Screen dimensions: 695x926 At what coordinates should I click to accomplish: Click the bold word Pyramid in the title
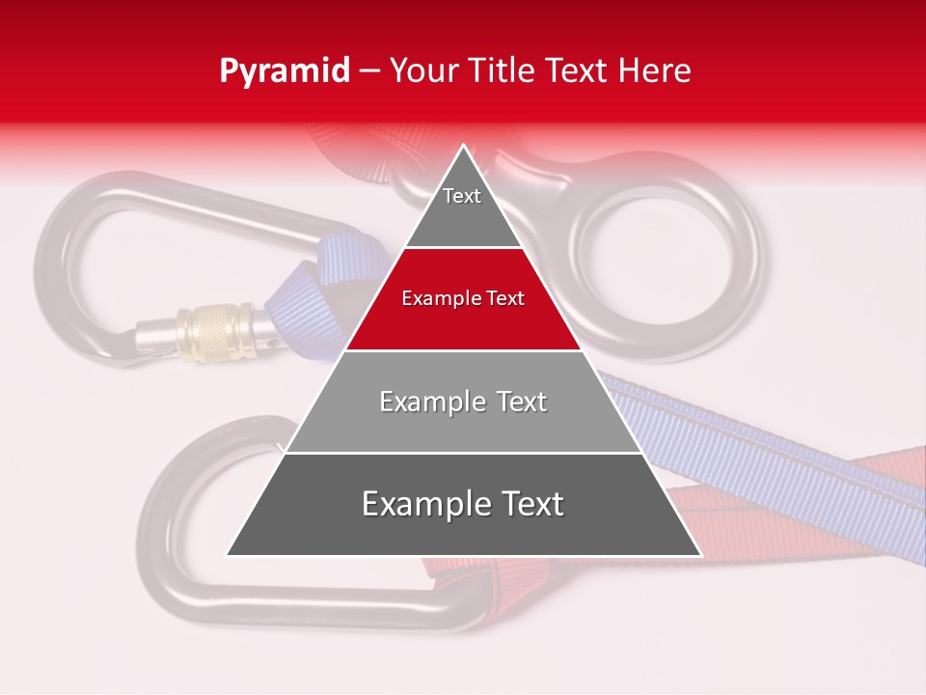point(285,71)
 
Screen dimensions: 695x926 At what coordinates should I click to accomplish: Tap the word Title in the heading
point(504,71)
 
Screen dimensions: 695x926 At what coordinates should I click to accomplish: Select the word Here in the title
point(656,71)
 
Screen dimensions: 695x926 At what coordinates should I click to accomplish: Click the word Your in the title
point(425,71)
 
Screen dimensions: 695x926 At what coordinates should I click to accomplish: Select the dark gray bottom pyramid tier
point(463,526)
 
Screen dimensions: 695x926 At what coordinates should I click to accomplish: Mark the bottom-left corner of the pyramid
point(228,555)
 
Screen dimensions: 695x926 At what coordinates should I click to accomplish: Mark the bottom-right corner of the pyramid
point(699,555)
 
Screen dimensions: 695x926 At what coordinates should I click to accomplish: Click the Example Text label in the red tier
point(463,298)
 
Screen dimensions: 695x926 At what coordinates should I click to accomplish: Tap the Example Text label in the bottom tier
point(463,504)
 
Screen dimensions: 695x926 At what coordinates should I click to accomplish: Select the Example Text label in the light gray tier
point(463,402)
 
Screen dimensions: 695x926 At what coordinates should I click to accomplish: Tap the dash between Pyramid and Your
point(369,71)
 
